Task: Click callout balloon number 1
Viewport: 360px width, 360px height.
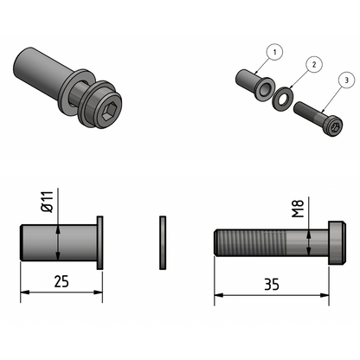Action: click(275, 53)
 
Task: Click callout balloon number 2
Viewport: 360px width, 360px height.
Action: click(313, 64)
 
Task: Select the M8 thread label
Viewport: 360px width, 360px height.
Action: click(299, 210)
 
